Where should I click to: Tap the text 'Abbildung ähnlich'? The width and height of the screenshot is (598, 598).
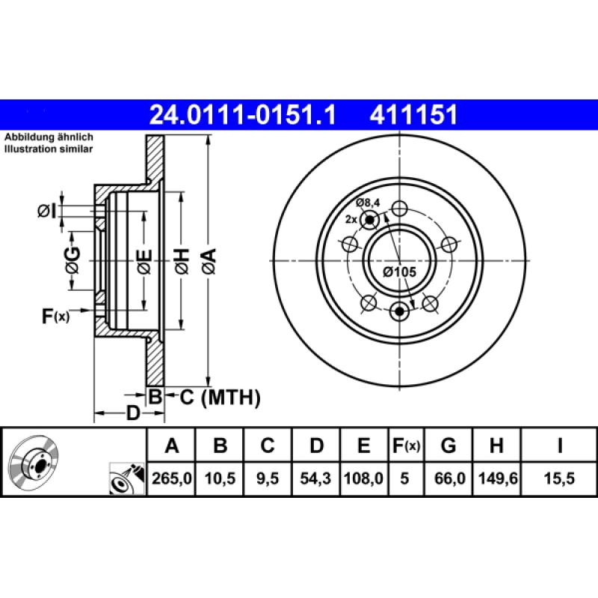tap(49, 138)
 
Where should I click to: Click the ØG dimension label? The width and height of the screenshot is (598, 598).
tap(72, 259)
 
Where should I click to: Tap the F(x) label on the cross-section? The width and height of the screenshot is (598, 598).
tap(55, 316)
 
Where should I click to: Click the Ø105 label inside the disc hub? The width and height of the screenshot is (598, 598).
tap(399, 272)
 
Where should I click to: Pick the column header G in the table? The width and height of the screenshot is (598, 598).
tap(448, 446)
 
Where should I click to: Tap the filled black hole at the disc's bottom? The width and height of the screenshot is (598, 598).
tap(401, 310)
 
